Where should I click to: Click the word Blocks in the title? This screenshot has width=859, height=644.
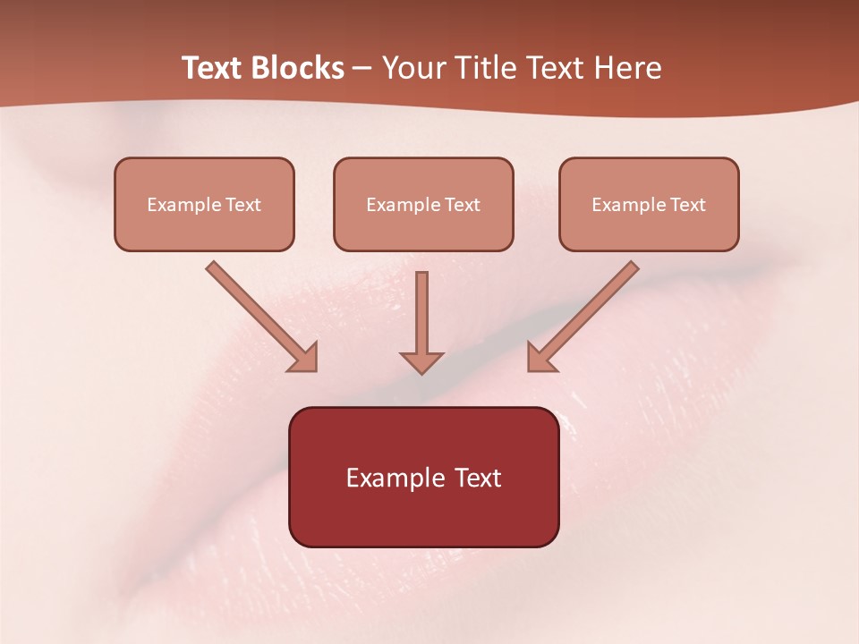tap(300, 68)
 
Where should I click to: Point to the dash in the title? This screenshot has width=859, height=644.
tap(362, 69)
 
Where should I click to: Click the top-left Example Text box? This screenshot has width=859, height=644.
tap(204, 204)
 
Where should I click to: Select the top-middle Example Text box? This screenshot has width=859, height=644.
tap(423, 204)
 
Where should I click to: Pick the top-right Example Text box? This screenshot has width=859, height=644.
tap(649, 204)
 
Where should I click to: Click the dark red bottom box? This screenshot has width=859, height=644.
tap(423, 477)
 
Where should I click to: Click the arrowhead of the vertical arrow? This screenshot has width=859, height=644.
tap(421, 361)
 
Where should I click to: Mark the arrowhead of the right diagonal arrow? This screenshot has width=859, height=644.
tap(540, 358)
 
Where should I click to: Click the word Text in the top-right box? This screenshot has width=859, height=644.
tap(688, 205)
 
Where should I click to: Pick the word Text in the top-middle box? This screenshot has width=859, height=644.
tap(463, 205)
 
